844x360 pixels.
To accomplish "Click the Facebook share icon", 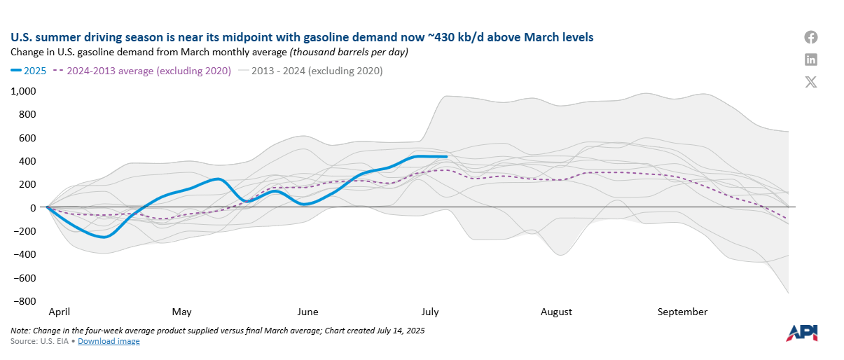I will (811, 38).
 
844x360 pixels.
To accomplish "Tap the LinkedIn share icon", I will (811, 60).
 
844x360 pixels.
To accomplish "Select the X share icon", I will (811, 82).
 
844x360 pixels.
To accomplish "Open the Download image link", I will (109, 341).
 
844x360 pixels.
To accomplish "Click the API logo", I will (801, 333).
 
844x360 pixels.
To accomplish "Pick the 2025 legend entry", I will (29, 71).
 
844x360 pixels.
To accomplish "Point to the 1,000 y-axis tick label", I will (23, 91).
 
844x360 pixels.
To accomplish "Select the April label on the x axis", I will (59, 312).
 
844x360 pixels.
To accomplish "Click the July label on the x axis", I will (431, 312).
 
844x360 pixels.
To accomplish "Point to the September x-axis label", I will (682, 312).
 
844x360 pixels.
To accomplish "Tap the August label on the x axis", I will (556, 312).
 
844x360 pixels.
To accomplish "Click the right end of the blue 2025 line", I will (446, 157).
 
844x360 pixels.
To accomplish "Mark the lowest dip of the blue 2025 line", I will (104, 237).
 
